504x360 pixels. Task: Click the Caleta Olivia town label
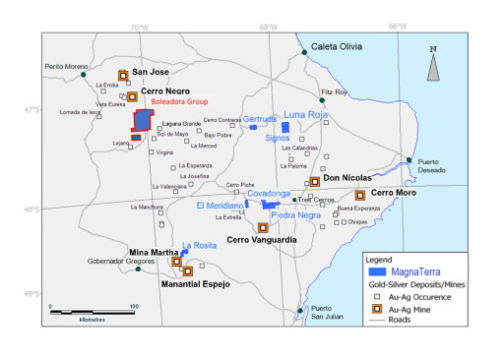[336, 46]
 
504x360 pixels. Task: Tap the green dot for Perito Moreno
[85, 75]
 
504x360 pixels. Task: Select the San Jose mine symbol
[123, 75]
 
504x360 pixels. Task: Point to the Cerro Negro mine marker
[132, 96]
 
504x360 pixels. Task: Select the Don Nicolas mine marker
[315, 181]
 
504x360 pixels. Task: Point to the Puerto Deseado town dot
[409, 160]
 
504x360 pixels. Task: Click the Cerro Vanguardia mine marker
[263, 228]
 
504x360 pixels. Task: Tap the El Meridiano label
[219, 206]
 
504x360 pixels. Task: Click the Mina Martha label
[154, 253]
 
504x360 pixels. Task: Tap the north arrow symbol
[433, 65]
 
